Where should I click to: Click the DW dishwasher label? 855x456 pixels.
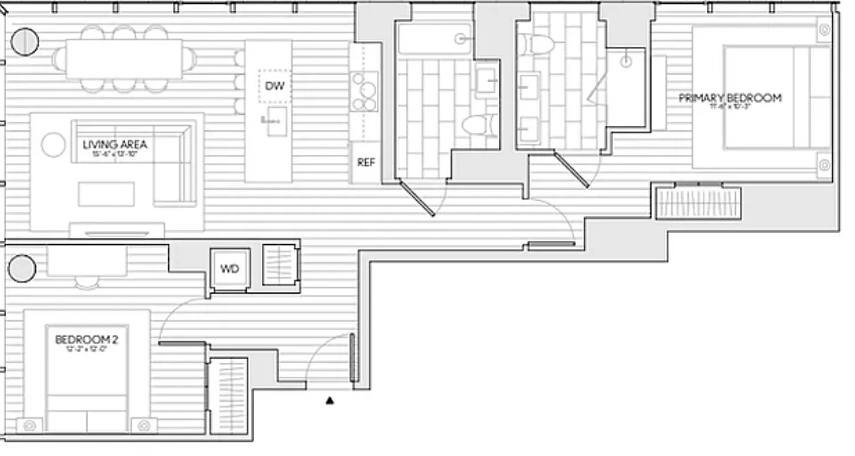(274, 87)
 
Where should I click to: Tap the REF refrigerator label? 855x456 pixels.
(366, 162)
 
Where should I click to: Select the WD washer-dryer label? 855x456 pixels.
(229, 269)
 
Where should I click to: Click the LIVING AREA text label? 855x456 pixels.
(115, 145)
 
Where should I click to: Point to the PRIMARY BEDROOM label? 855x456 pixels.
(730, 98)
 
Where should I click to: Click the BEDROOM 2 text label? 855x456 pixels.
(87, 340)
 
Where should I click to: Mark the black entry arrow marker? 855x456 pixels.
(329, 401)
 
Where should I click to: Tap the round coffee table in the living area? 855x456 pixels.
(54, 144)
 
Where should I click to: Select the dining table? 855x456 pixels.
(124, 59)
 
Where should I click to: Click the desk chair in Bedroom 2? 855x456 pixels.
(87, 282)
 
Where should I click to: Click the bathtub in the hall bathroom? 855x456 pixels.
(434, 39)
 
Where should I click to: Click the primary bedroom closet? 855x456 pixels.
(698, 203)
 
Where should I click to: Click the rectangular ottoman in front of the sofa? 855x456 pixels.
(107, 194)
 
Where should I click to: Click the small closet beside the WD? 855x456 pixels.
(280, 265)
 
